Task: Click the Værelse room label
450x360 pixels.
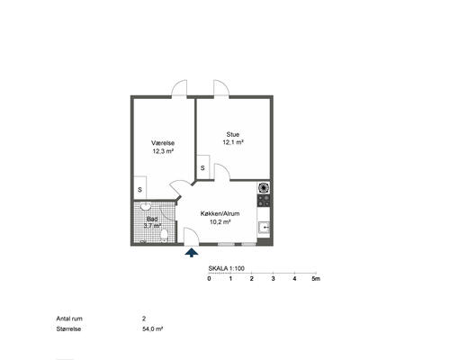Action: click(x=163, y=143)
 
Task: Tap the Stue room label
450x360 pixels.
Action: click(x=233, y=134)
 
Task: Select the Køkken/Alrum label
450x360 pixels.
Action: click(x=220, y=213)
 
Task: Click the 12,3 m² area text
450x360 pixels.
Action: click(x=163, y=151)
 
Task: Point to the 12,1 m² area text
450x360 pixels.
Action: click(x=233, y=142)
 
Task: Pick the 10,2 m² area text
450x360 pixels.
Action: click(x=220, y=222)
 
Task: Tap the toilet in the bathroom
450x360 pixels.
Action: click(x=164, y=236)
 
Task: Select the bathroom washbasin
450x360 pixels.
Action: click(x=146, y=206)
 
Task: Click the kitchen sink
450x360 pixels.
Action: click(x=265, y=228)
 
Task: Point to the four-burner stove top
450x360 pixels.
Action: click(x=264, y=201)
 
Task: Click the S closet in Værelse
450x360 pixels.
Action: click(x=139, y=188)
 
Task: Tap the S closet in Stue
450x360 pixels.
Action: click(x=202, y=167)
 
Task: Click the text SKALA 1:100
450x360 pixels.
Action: click(x=227, y=268)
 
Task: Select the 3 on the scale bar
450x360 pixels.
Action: click(x=273, y=279)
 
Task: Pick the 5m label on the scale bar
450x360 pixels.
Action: click(x=316, y=279)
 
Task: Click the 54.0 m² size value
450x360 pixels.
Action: click(x=153, y=328)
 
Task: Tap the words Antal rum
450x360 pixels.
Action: click(x=69, y=319)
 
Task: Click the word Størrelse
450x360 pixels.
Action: click(x=68, y=328)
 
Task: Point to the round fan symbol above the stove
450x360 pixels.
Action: click(x=264, y=188)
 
